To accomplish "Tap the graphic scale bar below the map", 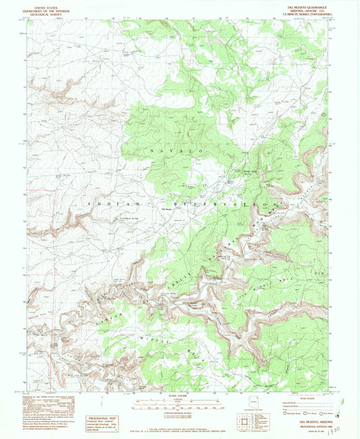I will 179,405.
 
